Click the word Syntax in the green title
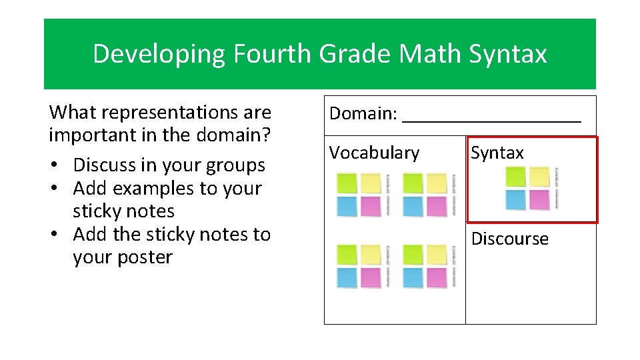(508, 54)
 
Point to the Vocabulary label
(374, 153)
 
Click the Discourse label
(509, 239)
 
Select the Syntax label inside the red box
(497, 153)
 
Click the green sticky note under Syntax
(515, 177)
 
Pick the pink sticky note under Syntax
(539, 199)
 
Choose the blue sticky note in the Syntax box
(515, 199)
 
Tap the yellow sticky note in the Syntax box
(539, 177)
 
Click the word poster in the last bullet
(144, 257)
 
